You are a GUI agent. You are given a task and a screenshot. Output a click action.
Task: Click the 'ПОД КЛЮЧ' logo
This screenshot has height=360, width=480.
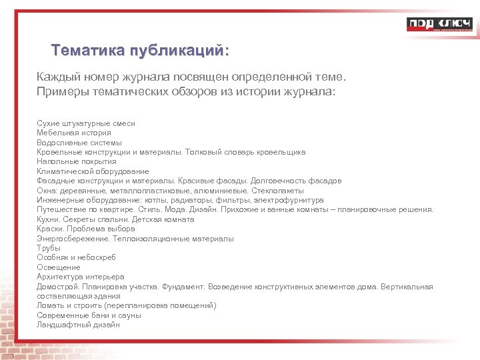[x=438, y=25]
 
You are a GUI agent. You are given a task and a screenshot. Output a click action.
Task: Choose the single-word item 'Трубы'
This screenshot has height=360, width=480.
[x=49, y=248]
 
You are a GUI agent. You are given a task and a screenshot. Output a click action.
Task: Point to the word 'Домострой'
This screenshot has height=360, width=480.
[x=57, y=287]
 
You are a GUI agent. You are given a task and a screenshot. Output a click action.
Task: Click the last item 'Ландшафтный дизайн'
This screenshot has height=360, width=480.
[x=79, y=325]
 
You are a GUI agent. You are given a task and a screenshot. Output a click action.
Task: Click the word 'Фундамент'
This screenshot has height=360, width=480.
[x=179, y=287]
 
